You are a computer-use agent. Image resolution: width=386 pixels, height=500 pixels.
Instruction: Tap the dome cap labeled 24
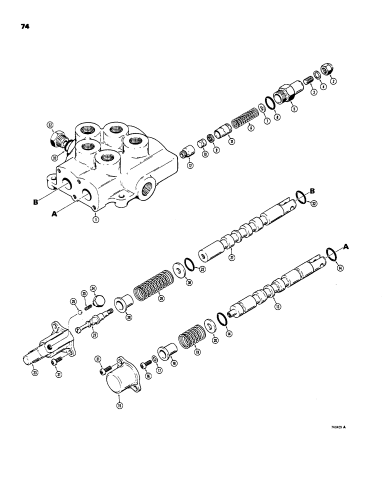click(99, 301)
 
